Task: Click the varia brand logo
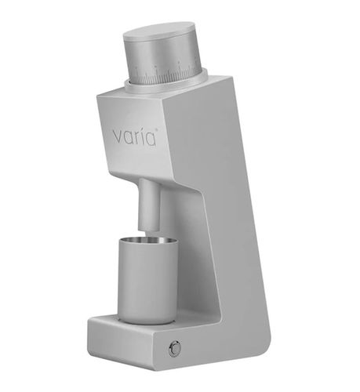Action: (x=135, y=136)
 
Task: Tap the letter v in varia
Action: (x=117, y=136)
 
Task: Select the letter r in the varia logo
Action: (x=135, y=136)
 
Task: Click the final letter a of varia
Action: (x=151, y=138)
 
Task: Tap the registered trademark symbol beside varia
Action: (x=157, y=129)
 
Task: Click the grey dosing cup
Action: (x=147, y=281)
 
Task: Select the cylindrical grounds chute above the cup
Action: (x=149, y=205)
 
